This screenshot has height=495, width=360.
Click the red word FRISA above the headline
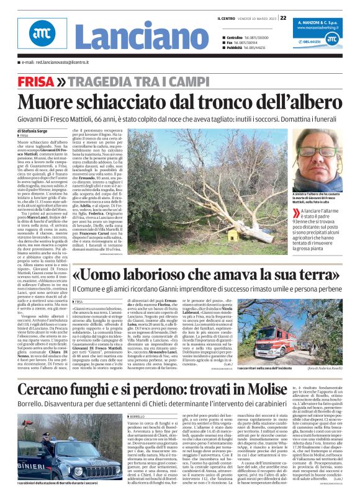(35, 82)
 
